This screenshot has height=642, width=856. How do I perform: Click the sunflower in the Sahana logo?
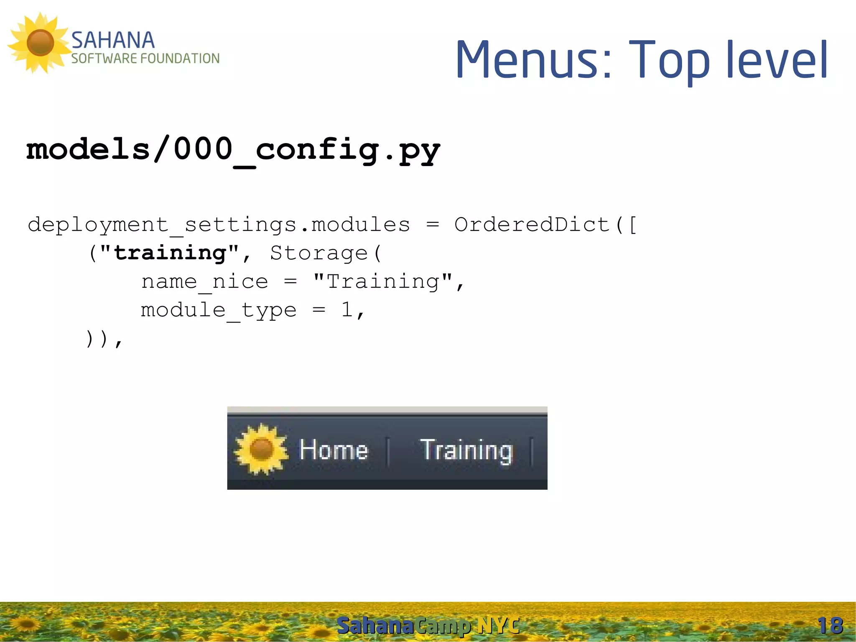point(40,43)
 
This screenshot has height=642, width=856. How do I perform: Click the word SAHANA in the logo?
point(113,41)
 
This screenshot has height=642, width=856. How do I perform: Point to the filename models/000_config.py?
point(233,150)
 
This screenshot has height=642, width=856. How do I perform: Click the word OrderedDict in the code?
point(532,225)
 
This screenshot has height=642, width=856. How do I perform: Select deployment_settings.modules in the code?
point(219,225)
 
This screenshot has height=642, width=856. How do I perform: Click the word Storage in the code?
point(318,253)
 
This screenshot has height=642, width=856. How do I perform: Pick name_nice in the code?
point(204,281)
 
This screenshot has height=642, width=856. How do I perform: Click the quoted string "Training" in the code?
point(382,281)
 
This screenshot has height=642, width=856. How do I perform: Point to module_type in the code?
point(219,310)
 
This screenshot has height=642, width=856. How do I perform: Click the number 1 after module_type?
point(347,310)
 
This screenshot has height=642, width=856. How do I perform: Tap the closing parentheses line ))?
point(104,339)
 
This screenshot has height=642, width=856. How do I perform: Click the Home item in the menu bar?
point(334,450)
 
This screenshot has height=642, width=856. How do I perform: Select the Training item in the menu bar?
point(466,450)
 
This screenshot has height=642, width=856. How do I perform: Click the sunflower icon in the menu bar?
point(262,450)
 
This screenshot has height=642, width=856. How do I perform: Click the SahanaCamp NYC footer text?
point(428,626)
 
